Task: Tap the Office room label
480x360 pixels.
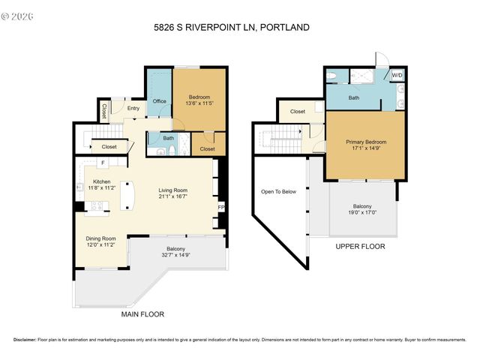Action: click(159, 101)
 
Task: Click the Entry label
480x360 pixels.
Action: click(133, 109)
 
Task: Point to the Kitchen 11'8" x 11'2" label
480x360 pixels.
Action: click(103, 185)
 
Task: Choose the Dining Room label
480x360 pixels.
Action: click(100, 242)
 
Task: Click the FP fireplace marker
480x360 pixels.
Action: click(220, 207)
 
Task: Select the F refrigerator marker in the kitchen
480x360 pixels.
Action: click(103, 163)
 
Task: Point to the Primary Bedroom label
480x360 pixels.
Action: click(365, 145)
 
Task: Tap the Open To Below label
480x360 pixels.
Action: click(278, 192)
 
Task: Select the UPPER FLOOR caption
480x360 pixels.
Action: click(360, 246)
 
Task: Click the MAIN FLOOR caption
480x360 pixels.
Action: click(142, 314)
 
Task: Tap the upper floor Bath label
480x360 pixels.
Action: click(353, 97)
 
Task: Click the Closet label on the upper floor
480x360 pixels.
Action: click(298, 112)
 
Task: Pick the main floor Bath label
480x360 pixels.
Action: click(169, 138)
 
